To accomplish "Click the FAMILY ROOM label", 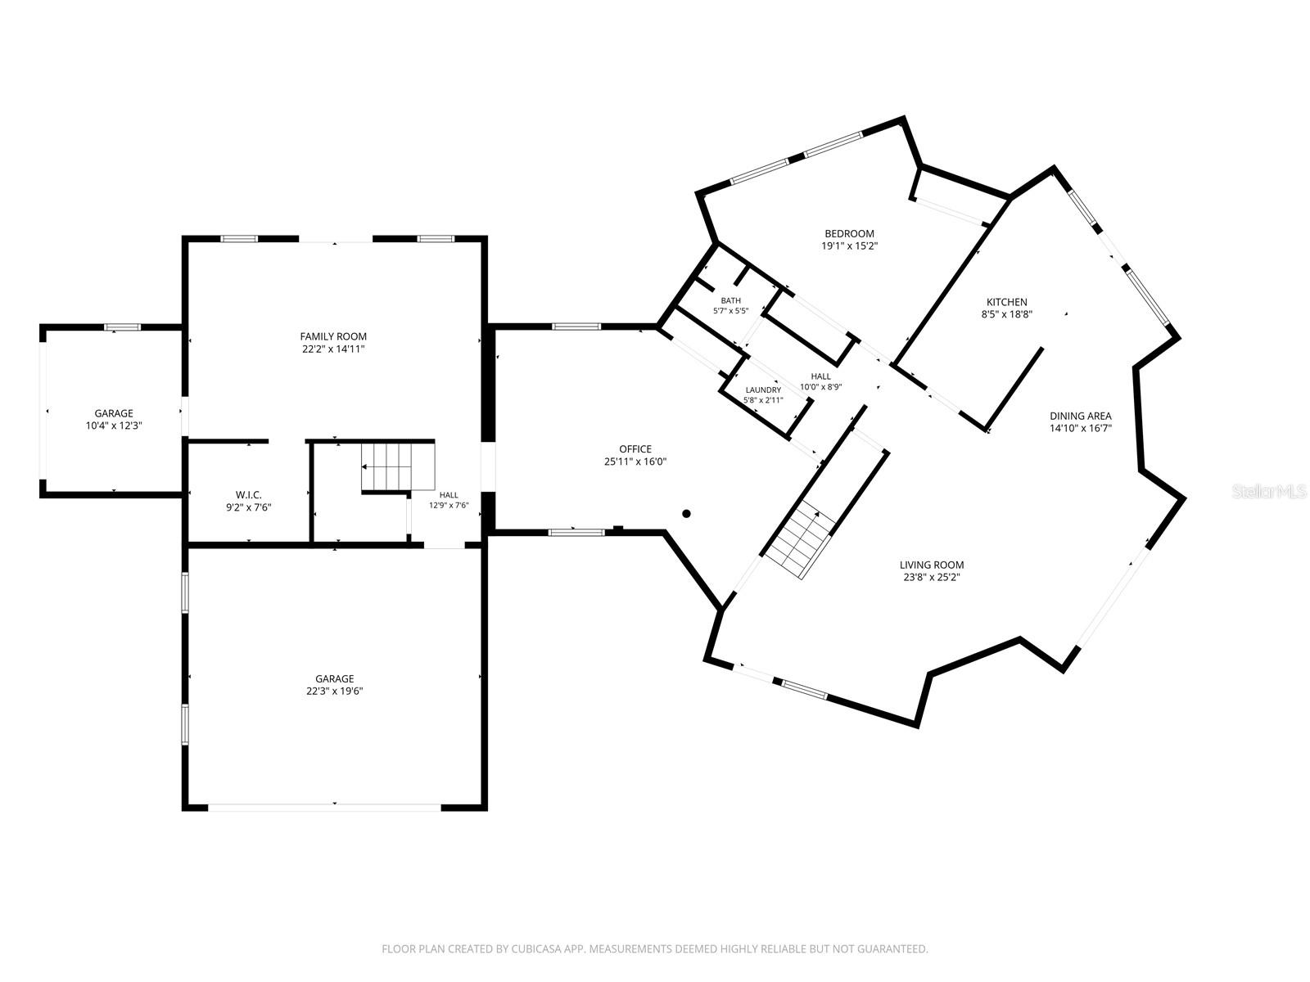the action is coord(333,336).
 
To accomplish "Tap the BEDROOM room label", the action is coord(849,234).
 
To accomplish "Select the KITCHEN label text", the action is coord(1007,302).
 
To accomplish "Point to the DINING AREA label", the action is coord(1081,417).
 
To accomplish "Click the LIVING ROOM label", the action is coord(932,565).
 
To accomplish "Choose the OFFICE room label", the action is coord(635,449).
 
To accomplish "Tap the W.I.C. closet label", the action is coord(248,495).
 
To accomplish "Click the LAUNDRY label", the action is coord(763,390).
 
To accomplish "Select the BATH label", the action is coord(730,300).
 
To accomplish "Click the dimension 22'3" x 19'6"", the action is coord(335,691).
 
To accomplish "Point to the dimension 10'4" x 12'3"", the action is coord(114,426).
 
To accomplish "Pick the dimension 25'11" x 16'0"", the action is coord(635,462).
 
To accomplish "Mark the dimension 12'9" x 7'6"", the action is coord(449,505).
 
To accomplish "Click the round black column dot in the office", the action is coord(686,513).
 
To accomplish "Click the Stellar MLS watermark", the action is coord(1269,492).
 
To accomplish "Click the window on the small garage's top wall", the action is coord(122,327).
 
